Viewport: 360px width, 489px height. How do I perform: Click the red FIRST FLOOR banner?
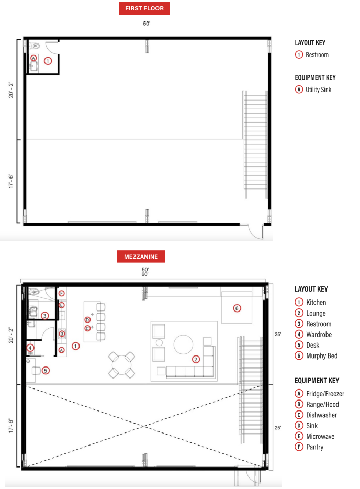144,8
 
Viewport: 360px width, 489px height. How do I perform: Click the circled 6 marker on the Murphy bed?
237,308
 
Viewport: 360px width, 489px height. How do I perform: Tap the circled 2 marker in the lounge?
196,359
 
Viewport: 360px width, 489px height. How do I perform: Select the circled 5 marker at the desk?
46,371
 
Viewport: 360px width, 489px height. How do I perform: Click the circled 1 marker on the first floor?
48,61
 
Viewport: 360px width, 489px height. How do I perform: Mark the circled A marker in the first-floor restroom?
33,58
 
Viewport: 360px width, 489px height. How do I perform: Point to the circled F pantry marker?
62,294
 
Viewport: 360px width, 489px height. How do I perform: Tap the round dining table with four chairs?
121,364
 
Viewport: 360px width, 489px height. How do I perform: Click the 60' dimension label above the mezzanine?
145,274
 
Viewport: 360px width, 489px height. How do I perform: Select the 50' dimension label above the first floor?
147,24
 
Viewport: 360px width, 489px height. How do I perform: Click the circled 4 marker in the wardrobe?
30,348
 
